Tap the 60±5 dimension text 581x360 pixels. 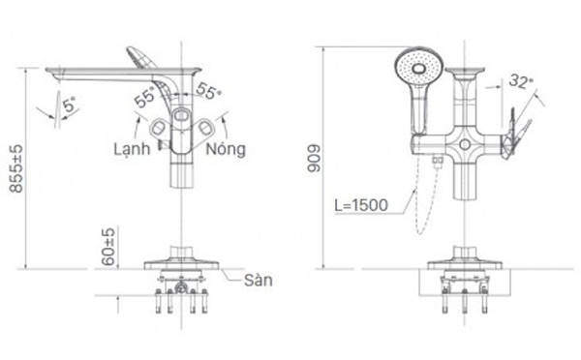[x=109, y=246]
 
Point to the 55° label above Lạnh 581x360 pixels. [x=145, y=98]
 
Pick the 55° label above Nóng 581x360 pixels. [x=207, y=91]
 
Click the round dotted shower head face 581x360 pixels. [x=418, y=69]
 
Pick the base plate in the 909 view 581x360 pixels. [x=466, y=263]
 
